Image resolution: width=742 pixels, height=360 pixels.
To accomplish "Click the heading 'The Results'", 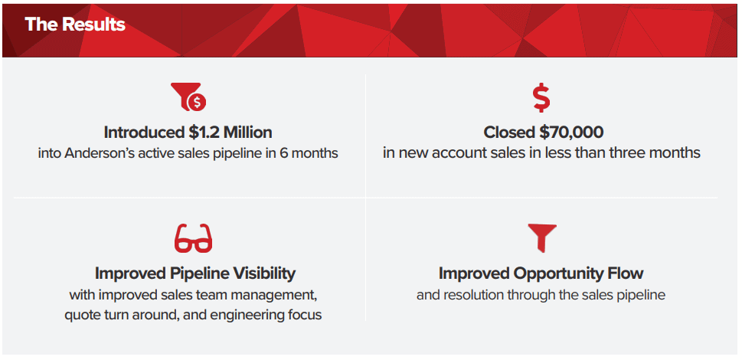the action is click(x=75, y=24).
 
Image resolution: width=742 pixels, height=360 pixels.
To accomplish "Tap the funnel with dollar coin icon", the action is click(x=188, y=97).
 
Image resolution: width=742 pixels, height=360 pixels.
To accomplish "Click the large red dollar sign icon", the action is click(x=541, y=97).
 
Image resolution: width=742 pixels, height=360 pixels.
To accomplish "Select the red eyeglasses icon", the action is click(x=193, y=238).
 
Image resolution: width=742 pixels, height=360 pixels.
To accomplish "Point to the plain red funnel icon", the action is click(x=542, y=238).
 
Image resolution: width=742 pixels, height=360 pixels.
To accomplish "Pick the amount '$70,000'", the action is click(x=571, y=133).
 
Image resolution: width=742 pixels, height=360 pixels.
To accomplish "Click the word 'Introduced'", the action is click(x=143, y=133).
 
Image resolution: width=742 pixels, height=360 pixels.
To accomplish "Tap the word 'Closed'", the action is click(x=509, y=133).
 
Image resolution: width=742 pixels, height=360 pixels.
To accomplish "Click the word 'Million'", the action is click(x=248, y=133).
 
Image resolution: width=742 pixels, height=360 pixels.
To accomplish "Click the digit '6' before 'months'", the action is click(x=288, y=154).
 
